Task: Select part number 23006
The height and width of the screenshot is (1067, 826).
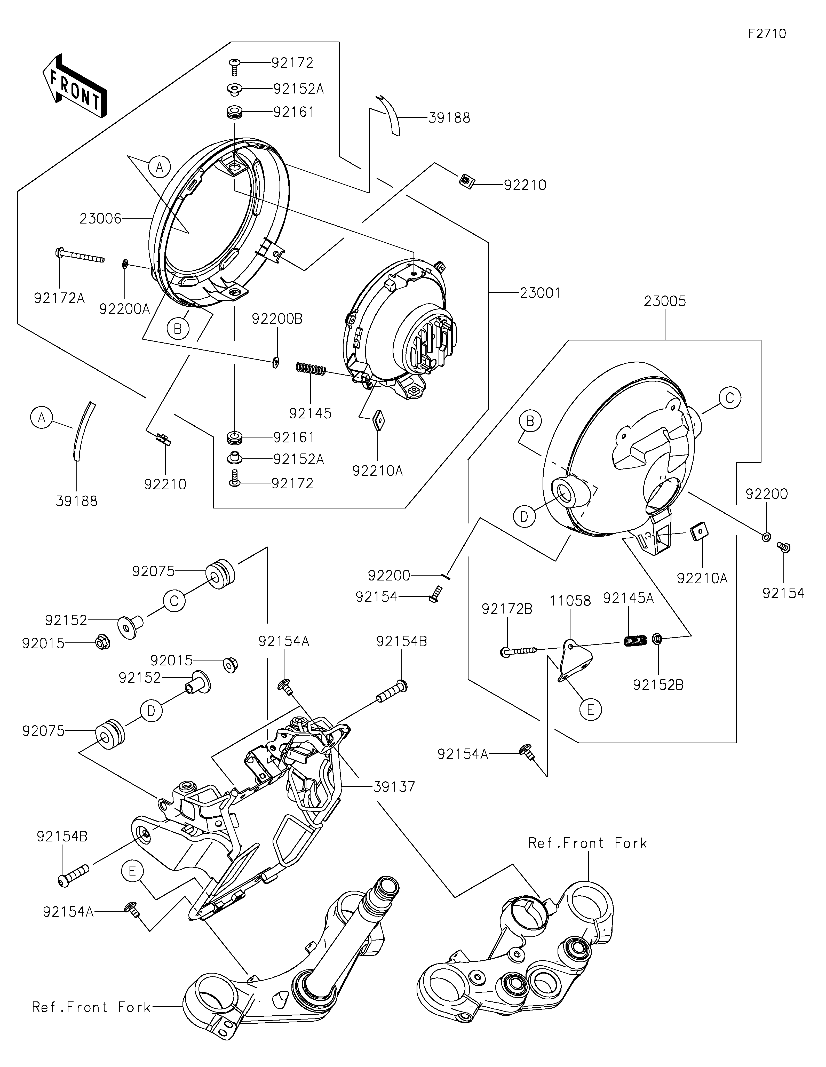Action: tap(100, 218)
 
